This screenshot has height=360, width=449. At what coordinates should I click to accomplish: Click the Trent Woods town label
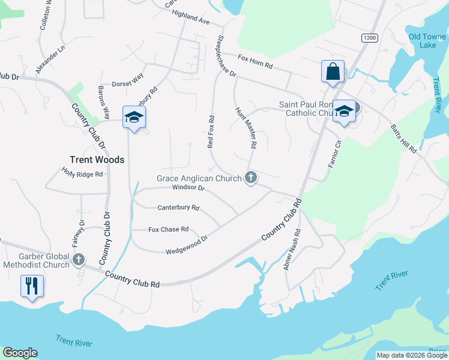pos(97,160)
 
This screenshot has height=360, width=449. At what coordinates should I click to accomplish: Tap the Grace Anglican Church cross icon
pos(251,178)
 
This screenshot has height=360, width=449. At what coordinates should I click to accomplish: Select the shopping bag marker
pos(333,71)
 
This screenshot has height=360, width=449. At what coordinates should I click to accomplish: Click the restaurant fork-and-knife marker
pos(32,285)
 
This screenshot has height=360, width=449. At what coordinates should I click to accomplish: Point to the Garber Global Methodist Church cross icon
pos(79,259)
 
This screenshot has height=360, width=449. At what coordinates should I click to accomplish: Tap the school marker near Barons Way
pos(134,117)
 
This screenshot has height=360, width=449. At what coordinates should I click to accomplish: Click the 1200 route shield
pos(369,38)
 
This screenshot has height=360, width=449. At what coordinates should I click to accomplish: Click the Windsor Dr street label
pos(188,188)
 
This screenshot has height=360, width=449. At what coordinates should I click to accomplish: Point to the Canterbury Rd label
pos(178,208)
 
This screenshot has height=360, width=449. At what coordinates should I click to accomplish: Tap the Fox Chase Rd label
pos(169,229)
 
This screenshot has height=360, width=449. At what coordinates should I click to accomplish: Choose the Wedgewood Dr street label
pos(187,244)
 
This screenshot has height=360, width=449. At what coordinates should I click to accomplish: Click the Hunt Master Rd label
pos(246,128)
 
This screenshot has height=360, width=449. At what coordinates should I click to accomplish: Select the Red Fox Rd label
pos(211,132)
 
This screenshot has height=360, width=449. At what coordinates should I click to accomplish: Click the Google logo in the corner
pos(20,353)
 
